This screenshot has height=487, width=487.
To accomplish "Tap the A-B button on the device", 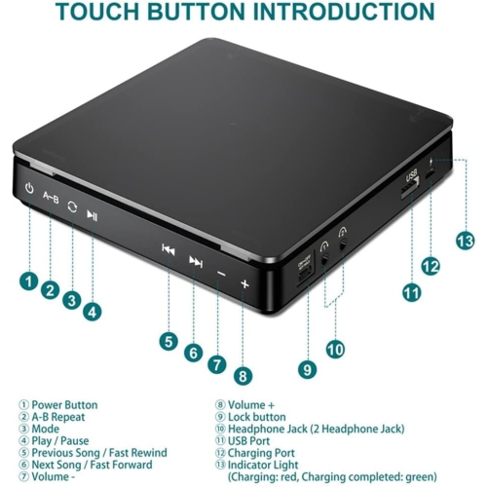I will [x=51, y=200].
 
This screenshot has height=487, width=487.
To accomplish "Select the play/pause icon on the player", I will [x=92, y=216].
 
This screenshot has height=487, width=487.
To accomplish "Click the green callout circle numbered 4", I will [x=92, y=312].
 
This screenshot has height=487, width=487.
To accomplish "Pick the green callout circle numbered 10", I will [x=335, y=348].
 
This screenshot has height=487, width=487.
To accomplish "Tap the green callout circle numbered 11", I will [x=412, y=290].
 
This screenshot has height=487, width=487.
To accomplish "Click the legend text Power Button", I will [x=64, y=404].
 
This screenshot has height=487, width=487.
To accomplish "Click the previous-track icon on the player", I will [x=168, y=249].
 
